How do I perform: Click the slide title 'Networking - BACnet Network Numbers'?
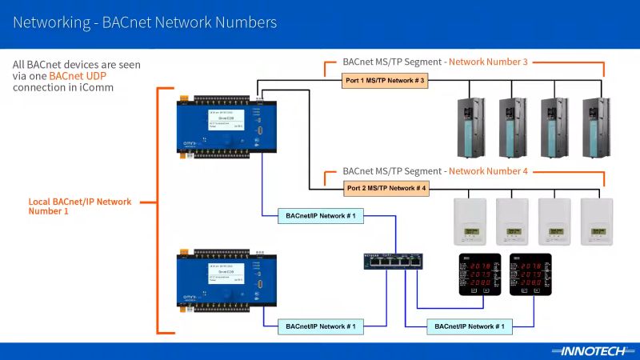tap(145, 22)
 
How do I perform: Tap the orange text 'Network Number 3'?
tap(488, 62)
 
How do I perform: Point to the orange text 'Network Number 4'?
tap(488, 171)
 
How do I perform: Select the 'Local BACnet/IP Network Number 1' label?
tap(80, 206)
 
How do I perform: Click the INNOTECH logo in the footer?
tap(587, 350)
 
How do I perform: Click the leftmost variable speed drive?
tap(469, 127)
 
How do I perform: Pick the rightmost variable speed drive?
tap(597, 127)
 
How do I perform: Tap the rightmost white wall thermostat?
tap(597, 221)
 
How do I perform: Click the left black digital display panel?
tap(478, 274)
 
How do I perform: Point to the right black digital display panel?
tap(530, 274)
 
